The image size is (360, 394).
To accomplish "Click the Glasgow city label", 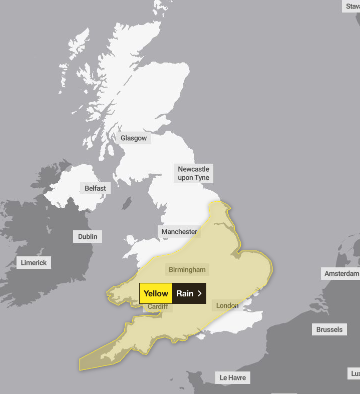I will coord(134,138).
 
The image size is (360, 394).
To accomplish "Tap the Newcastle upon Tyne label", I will coord(193,173).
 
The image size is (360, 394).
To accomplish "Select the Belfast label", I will coord(95,188).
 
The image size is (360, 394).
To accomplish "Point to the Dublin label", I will coord(88,236).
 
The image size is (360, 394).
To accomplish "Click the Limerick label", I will coord(34,262).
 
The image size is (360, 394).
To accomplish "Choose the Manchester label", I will coord(179,232).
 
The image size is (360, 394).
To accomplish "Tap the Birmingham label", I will coord(187,269).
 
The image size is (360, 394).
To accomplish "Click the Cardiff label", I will coord(158,306).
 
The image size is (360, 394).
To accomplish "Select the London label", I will coord(227,305).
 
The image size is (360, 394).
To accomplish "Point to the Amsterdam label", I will coord(341,273).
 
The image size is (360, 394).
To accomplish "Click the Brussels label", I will coord(329,329).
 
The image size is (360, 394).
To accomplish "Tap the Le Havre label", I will coord(233,377).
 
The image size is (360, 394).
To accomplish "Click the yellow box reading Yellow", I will coord(156,293).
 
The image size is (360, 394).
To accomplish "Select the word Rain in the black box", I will coord(184,293).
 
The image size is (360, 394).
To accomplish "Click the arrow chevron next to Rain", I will coord(200,293).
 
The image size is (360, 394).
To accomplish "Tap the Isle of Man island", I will coord(127,204).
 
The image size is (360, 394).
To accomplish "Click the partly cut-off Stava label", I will coord(352,6).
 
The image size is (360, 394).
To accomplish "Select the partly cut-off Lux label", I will coord(354,373).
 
